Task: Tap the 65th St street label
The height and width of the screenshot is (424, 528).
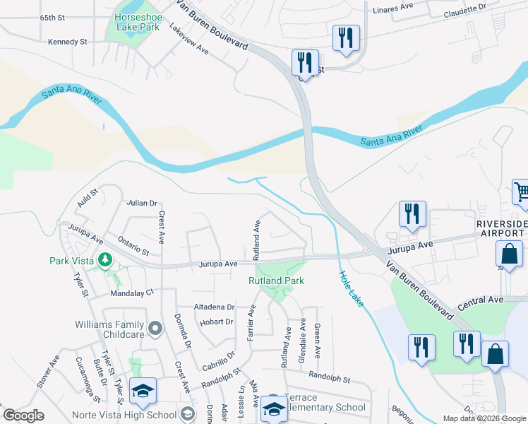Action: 52,17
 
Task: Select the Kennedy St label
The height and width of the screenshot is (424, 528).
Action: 67,42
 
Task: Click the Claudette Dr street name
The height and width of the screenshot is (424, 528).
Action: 465,9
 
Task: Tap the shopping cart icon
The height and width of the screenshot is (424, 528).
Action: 521,192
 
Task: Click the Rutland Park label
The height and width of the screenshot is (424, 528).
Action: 275,281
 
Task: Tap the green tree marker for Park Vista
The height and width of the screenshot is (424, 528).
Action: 105,260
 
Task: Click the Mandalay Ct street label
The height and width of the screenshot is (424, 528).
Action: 131,293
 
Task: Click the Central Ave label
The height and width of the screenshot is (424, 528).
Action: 481,300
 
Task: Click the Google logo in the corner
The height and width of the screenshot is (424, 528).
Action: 23,416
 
